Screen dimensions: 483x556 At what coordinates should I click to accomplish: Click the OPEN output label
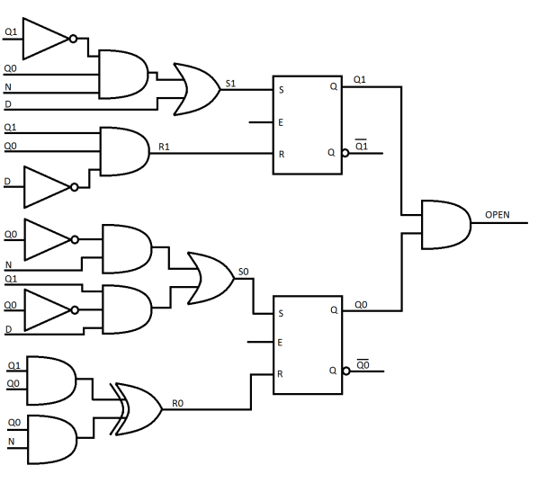497,215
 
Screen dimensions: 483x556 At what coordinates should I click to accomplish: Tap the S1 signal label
230,84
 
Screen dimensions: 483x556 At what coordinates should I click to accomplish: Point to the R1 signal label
164,145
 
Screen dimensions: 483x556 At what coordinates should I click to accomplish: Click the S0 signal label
244,270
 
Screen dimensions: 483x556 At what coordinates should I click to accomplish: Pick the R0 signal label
178,405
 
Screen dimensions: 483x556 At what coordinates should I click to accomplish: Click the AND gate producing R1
124,151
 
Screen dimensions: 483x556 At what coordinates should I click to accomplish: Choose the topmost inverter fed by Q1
46,38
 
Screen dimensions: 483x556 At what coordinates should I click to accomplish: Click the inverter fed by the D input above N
46,187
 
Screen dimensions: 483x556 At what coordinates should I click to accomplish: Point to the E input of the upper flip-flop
281,122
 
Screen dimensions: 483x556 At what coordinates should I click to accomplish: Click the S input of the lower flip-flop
281,314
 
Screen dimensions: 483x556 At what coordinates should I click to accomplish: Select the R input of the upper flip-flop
281,154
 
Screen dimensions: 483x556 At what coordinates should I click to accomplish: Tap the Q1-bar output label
361,145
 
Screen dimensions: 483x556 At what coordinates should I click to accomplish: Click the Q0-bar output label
363,363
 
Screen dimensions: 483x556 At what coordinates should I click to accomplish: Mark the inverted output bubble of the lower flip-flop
345,371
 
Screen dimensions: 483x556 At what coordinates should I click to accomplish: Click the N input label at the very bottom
11,442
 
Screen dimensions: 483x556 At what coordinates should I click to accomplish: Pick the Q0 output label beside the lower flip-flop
361,305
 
